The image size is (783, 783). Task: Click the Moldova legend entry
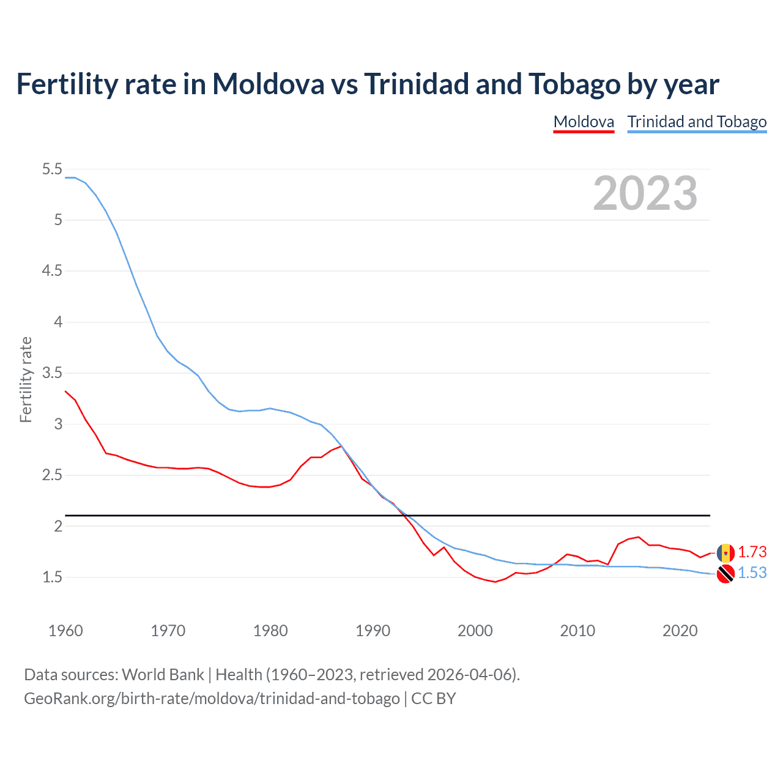[584, 122]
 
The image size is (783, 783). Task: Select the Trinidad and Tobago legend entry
[697, 122]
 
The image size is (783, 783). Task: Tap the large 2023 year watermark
[645, 193]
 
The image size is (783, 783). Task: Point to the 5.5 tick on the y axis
[52, 169]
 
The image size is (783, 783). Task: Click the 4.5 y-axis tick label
[52, 271]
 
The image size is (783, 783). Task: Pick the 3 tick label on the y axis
[59, 424]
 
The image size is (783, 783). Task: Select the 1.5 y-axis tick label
[52, 577]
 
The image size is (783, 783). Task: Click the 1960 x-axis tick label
[65, 631]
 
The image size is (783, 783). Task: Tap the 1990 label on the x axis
[373, 631]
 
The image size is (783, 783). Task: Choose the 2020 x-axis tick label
[680, 631]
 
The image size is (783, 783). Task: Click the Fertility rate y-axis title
[26, 379]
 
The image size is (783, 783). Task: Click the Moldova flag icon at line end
[725, 552]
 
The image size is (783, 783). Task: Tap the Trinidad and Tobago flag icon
[725, 574]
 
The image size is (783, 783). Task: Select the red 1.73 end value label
[752, 552]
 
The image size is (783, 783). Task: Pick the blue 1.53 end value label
[752, 573]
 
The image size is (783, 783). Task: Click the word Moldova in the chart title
[268, 84]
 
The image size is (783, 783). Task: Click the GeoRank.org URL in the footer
[212, 699]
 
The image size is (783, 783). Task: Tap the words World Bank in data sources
[163, 675]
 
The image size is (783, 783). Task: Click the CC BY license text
[434, 699]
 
